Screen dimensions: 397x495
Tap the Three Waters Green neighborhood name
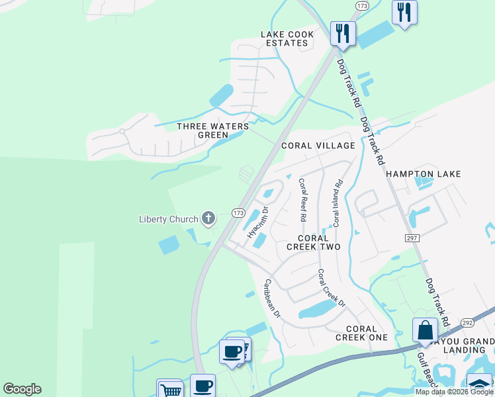click(x=213, y=130)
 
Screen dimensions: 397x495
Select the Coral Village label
click(x=318, y=146)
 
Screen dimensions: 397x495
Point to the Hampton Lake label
click(x=423, y=174)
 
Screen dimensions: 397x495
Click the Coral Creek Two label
click(x=313, y=242)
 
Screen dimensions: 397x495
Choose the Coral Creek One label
click(x=361, y=333)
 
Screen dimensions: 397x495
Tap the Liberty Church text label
click(x=168, y=220)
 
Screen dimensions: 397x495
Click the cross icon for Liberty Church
click(x=208, y=218)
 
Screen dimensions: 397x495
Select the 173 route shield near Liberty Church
click(x=238, y=212)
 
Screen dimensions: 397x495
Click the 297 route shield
click(x=411, y=237)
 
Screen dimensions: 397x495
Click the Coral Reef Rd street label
click(x=302, y=199)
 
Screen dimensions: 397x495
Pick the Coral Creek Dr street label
click(x=332, y=288)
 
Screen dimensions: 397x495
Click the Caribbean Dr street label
click(x=273, y=298)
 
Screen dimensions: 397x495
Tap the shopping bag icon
click(x=424, y=330)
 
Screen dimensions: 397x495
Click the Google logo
click(x=22, y=389)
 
